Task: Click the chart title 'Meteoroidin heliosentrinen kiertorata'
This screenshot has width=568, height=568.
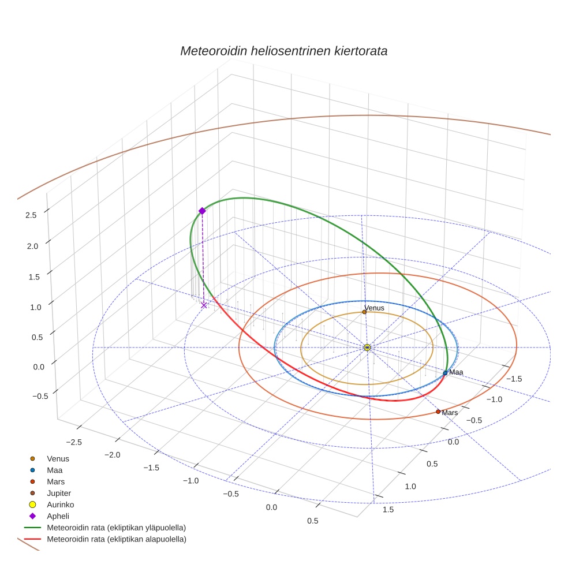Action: point(283,51)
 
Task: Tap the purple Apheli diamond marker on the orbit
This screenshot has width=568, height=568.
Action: point(202,211)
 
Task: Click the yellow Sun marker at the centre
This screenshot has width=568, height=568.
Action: point(367,347)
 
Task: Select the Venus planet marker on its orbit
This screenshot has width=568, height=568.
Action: point(364,312)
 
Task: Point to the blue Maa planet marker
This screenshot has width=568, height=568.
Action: point(445,373)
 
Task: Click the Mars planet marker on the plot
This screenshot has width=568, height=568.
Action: point(438,412)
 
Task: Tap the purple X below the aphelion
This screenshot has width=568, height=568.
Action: point(204,305)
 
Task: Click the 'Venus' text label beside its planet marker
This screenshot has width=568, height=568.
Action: point(375,308)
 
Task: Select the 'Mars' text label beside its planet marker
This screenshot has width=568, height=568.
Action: point(450,413)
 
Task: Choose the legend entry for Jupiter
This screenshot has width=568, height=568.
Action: point(59,493)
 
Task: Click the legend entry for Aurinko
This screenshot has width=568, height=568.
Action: point(60,505)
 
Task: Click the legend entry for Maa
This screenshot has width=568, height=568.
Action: point(54,470)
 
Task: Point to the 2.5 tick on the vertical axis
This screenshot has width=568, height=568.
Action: point(31,215)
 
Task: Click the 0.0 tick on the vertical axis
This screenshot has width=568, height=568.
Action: point(31,367)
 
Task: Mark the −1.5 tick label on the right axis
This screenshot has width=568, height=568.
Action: point(514,378)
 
